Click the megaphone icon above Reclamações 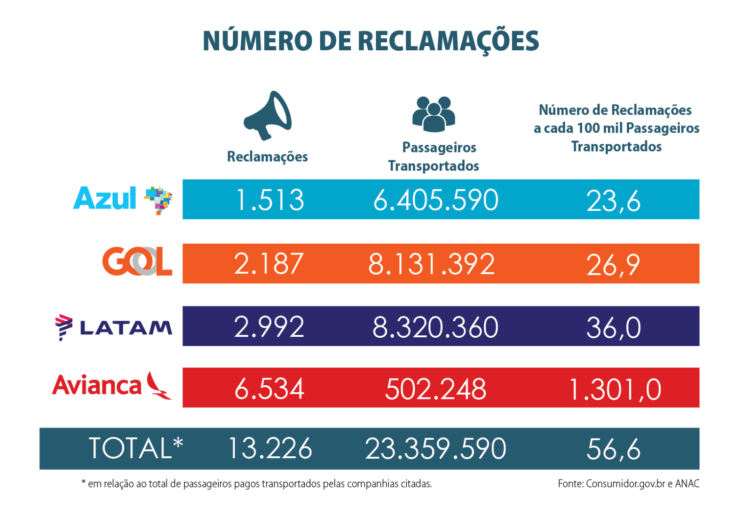[x=268, y=115]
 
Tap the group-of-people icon [x=434, y=114]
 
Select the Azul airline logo [x=123, y=199]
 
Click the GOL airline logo [x=137, y=262]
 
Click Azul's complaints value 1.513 [x=269, y=200]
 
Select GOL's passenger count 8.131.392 [x=431, y=264]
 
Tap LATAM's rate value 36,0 [x=613, y=327]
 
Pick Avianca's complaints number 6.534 [x=269, y=389]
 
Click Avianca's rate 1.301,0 [x=615, y=389]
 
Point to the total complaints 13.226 [x=270, y=448]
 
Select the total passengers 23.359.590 [x=435, y=448]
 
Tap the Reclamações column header [x=267, y=157]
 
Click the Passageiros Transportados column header [x=434, y=157]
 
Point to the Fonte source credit [x=628, y=484]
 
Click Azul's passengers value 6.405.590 [x=435, y=200]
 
